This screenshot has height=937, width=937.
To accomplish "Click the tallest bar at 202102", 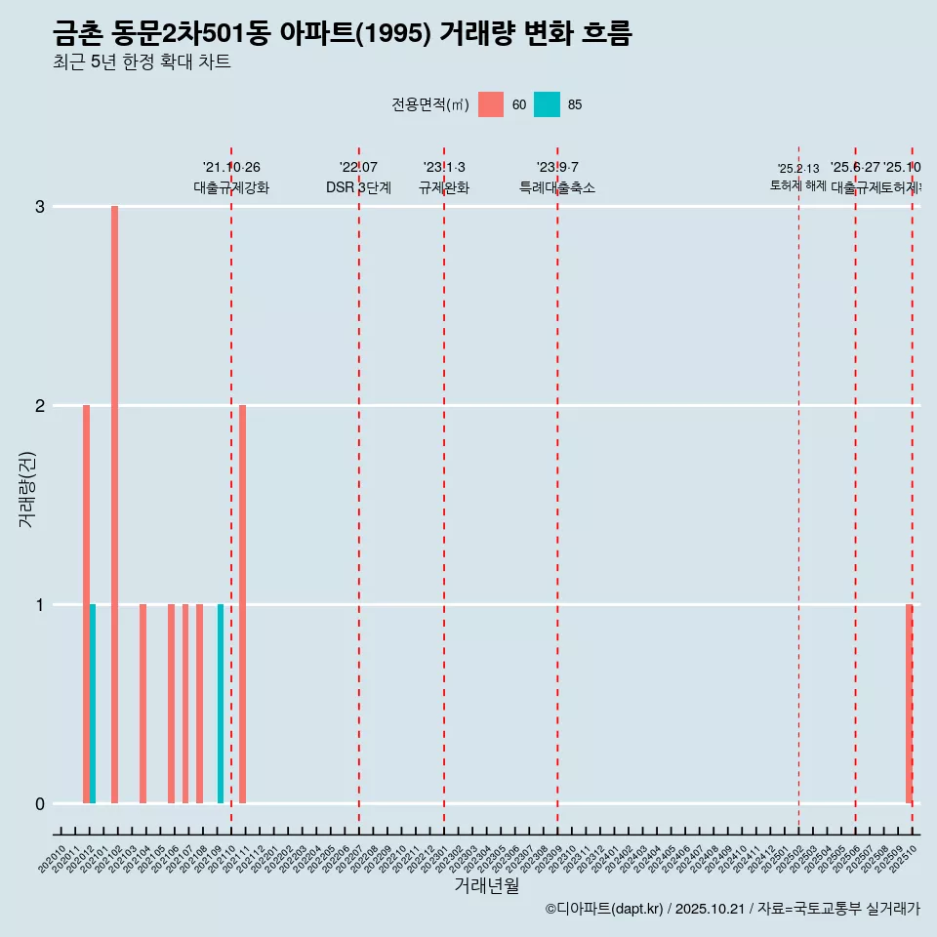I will (x=114, y=504).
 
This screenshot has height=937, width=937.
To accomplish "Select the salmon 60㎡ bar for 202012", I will (x=86, y=603).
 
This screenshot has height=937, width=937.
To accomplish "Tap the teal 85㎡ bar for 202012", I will (x=93, y=703).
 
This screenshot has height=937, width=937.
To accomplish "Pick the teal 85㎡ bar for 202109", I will (x=221, y=703).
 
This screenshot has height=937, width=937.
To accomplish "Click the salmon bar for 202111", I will (x=242, y=603).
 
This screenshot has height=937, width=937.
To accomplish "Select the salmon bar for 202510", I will (x=909, y=703).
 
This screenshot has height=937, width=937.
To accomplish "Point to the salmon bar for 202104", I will (x=143, y=703).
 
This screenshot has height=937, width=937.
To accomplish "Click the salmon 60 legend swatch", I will (x=491, y=104).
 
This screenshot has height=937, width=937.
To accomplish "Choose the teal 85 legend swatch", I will (x=547, y=104).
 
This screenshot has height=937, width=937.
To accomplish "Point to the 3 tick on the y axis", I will (x=40, y=207).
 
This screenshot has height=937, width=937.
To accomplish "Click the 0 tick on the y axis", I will (x=40, y=804).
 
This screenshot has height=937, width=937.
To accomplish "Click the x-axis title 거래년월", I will (x=486, y=885).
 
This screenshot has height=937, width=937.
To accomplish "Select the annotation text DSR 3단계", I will (x=358, y=187).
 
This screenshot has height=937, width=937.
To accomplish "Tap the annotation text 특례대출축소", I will (x=556, y=187).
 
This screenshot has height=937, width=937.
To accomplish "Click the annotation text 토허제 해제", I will (x=797, y=185).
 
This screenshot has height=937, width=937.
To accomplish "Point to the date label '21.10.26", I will (x=231, y=168).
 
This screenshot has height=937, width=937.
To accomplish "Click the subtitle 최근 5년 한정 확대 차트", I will (x=142, y=62).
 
